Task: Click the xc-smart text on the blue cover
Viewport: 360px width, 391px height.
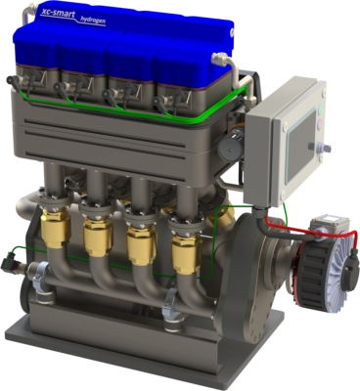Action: tap(58, 13)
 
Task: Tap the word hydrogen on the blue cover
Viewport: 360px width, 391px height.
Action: tap(93, 21)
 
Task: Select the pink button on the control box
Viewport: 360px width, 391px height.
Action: tap(320, 124)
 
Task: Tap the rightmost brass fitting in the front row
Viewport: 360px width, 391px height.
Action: tap(186, 252)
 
